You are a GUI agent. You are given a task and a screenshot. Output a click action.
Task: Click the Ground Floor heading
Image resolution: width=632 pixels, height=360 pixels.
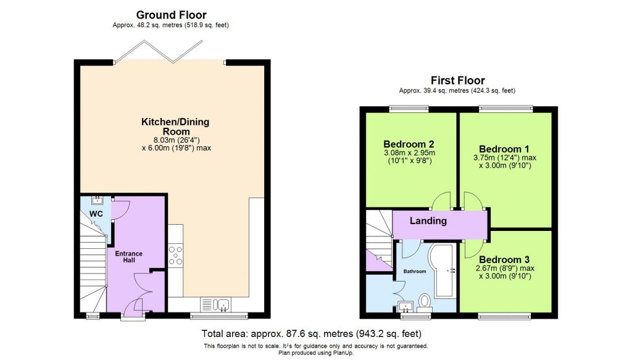(x=171, y=15)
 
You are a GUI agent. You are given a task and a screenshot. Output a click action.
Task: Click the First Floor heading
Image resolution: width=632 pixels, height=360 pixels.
(x=457, y=80)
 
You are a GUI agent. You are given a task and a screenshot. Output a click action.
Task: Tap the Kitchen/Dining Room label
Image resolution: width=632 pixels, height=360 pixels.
(x=172, y=127)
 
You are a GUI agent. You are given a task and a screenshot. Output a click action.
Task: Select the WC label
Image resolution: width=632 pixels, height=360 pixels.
(x=96, y=214)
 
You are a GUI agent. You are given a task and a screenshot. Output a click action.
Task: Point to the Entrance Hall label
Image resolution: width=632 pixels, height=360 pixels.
(x=129, y=257)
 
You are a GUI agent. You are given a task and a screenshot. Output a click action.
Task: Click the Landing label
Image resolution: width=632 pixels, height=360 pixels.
(x=428, y=220)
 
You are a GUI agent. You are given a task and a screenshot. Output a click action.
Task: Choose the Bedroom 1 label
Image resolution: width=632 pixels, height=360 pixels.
(x=504, y=149)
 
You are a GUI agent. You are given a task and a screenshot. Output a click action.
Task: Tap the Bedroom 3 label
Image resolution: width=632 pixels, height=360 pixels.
(x=504, y=259)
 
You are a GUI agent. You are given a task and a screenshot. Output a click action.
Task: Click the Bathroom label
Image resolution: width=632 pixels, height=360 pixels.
(x=415, y=271)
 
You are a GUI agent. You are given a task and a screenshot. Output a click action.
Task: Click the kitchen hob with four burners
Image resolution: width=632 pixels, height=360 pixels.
(x=175, y=255)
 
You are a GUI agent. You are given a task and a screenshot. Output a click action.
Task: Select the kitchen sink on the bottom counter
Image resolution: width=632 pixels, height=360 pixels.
(x=221, y=304)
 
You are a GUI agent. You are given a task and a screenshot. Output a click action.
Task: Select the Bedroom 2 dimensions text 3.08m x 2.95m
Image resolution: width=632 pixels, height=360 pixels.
(x=409, y=154)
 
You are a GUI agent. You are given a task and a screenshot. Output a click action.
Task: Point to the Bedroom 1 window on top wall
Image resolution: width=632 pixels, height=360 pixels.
(x=505, y=109)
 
